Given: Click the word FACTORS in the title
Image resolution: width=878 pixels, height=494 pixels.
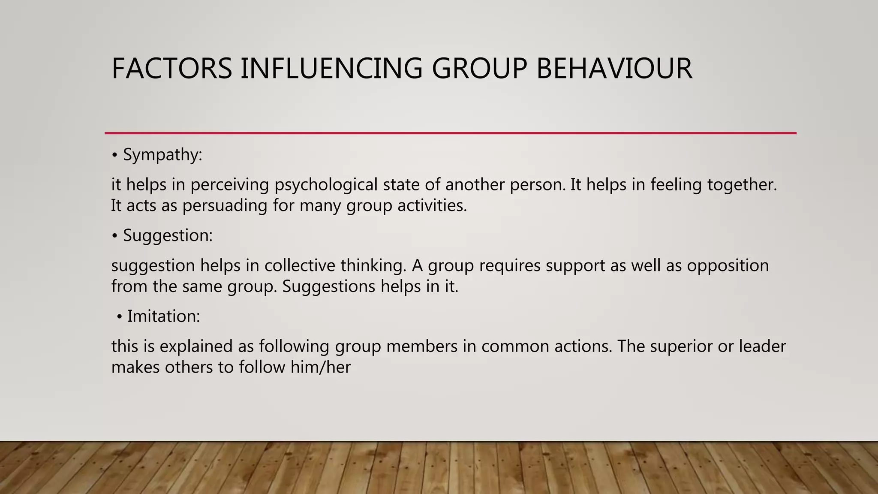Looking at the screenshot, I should coord(171,69).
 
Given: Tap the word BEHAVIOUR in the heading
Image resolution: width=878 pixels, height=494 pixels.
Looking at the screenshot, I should coord(614,69).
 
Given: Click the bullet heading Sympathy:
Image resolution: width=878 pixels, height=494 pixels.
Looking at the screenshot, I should coord(162,155).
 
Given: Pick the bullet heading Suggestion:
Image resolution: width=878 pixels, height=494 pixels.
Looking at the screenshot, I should coord(168,235).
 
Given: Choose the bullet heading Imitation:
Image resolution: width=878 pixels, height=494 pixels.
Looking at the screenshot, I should coord(163,316).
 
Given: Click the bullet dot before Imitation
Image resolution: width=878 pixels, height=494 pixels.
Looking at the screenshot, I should coord(119,318).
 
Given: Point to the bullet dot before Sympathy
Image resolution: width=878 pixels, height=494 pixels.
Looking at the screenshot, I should coord(114,156).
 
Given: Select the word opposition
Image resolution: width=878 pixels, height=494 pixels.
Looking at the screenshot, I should coord(728,266).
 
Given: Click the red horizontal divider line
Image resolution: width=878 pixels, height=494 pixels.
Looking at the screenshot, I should coord(450,133).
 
